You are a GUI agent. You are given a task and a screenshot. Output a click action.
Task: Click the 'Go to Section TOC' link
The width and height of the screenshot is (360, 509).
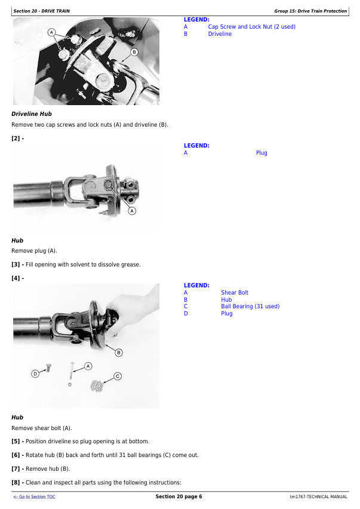[34, 496]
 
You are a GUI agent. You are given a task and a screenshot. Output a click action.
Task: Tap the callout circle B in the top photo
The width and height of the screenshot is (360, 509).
[134, 52]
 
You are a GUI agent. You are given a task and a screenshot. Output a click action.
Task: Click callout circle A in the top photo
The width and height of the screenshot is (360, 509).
[51, 32]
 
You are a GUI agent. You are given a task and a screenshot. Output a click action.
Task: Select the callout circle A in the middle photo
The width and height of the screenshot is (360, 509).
[132, 211]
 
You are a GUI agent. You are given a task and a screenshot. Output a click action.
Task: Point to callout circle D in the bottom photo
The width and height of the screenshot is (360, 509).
[35, 374]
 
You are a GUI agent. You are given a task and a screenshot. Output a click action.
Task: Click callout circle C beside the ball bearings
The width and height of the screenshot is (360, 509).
[118, 376]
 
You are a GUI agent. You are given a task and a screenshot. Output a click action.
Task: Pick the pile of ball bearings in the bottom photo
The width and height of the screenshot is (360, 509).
[97, 386]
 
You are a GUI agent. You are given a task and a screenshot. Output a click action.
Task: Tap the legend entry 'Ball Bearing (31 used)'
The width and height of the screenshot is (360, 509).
[250, 306]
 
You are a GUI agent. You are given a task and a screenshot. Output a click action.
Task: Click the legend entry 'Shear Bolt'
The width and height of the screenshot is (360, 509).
[235, 293]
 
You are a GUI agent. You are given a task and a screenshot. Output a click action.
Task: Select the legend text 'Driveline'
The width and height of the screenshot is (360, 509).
[220, 34]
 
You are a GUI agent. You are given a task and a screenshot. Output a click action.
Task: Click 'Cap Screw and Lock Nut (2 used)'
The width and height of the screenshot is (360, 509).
[252, 27]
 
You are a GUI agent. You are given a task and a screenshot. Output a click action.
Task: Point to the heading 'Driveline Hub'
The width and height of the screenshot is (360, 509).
[32, 114]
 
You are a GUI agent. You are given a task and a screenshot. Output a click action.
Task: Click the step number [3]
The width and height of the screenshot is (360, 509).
[16, 265]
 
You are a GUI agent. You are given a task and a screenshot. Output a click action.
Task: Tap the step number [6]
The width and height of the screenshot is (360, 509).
[16, 455]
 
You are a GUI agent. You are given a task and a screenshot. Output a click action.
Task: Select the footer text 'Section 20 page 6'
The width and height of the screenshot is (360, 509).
[179, 496]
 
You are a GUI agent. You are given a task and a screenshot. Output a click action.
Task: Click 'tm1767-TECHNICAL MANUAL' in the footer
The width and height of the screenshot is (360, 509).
[318, 496]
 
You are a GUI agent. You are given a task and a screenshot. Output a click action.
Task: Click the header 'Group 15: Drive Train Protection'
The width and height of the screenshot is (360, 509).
[310, 11]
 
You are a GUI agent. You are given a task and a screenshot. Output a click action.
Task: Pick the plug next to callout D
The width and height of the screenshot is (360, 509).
[48, 368]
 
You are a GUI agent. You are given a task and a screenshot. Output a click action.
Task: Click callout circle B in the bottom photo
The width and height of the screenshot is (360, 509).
[119, 352]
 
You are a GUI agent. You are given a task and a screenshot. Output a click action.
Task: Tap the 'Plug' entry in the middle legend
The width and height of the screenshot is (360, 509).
[261, 153]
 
